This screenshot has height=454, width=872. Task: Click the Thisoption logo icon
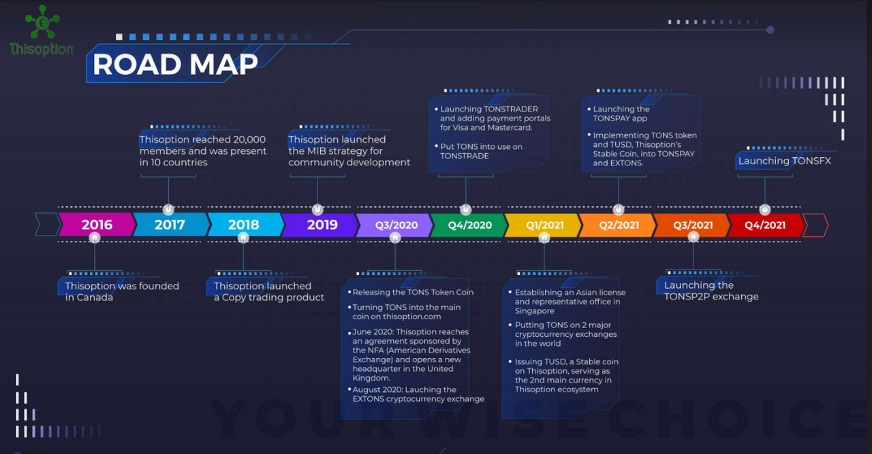click(42, 22)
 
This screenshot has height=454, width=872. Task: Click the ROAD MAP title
click(175, 64)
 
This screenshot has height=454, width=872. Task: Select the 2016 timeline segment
click(97, 225)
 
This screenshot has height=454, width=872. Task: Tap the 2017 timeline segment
click(170, 225)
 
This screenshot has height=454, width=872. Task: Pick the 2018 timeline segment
click(245, 225)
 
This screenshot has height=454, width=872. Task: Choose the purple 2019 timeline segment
click(320, 225)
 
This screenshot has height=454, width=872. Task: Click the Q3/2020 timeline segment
click(394, 225)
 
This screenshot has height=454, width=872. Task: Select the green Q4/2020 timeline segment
click(469, 225)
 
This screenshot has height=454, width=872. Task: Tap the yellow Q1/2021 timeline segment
click(544, 225)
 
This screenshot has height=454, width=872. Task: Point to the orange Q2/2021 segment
click(618, 225)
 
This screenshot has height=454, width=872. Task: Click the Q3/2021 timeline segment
click(692, 225)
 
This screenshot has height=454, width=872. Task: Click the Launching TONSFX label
click(784, 161)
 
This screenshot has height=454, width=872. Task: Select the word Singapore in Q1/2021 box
click(535, 311)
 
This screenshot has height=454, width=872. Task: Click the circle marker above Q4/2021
click(765, 210)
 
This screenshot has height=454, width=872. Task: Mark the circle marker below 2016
click(95, 238)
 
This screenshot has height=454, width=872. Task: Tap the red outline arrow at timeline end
click(816, 225)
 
